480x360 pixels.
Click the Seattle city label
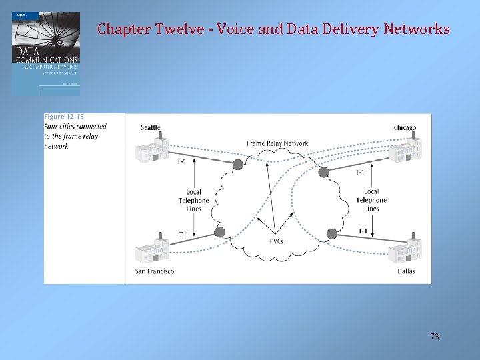point(151,127)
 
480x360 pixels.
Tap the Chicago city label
point(405,127)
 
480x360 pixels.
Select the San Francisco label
point(155,271)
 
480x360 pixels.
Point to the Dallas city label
point(407,271)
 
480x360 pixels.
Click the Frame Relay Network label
point(277,143)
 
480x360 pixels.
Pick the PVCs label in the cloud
point(277,241)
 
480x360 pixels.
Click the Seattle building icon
point(151,149)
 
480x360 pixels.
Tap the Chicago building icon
point(405,149)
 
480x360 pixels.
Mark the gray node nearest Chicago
point(324,172)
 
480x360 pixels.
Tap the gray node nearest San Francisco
point(219,232)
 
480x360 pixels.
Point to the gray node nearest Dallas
point(332,233)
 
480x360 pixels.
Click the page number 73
point(434,337)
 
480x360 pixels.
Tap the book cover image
point(46,53)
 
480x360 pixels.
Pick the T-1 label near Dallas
point(363,231)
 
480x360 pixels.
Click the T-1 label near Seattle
point(182,161)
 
